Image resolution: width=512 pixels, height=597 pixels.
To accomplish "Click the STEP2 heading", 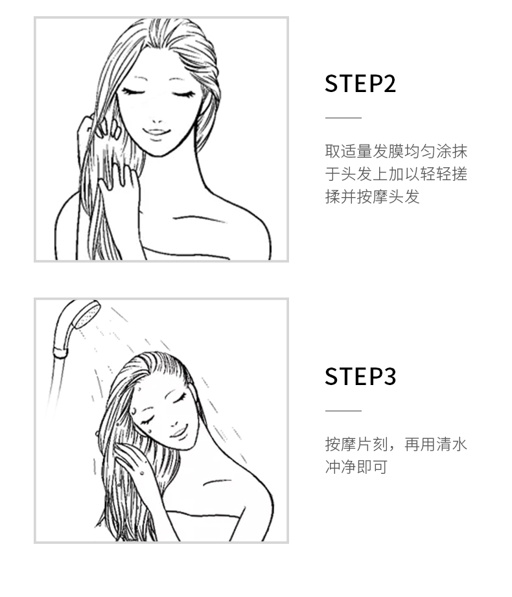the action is click(360, 84).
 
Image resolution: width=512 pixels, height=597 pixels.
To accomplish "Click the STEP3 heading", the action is click(360, 377).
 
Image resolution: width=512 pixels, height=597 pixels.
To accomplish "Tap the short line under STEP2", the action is click(343, 117).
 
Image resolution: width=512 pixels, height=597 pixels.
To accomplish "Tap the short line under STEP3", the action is click(343, 411).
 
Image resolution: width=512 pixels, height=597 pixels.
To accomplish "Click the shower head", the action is click(86, 314).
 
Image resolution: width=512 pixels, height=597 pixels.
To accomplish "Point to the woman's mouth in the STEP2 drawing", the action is click(156, 132).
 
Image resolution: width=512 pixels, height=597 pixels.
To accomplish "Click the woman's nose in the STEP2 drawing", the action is click(156, 121).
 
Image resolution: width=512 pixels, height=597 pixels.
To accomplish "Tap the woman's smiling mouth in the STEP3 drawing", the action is click(179, 432).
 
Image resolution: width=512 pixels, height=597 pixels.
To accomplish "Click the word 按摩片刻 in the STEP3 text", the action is click(356, 444).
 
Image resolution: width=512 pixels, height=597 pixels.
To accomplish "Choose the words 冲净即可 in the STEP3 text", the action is click(356, 467).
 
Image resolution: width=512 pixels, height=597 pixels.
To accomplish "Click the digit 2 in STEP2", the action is click(389, 84).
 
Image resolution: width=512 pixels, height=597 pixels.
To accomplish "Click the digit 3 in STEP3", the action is click(389, 377).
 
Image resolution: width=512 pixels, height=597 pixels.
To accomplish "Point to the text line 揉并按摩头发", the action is click(372, 196).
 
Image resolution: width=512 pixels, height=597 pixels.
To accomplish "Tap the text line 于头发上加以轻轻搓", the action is click(396, 174).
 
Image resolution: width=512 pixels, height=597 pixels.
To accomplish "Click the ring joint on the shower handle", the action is click(60, 353).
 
